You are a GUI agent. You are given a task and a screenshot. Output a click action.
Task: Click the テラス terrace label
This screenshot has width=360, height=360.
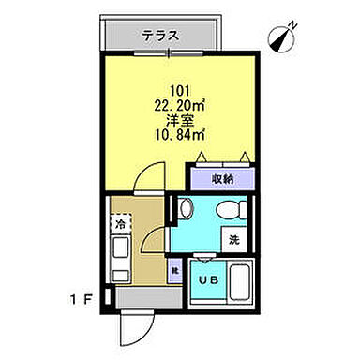click(x=160, y=36)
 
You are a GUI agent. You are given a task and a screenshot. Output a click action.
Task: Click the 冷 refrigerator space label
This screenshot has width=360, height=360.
click(x=120, y=225)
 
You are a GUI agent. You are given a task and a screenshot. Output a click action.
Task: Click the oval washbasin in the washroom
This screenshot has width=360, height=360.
click(x=185, y=209)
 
